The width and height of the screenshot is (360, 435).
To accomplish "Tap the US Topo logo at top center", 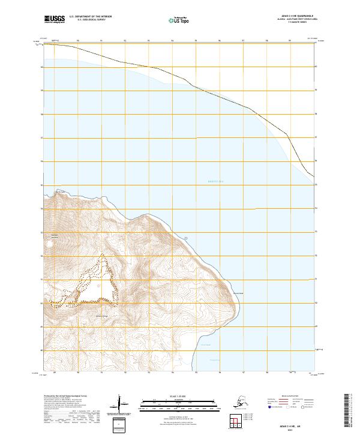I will [178, 20].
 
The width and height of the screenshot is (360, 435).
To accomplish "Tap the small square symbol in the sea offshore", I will [186, 238].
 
